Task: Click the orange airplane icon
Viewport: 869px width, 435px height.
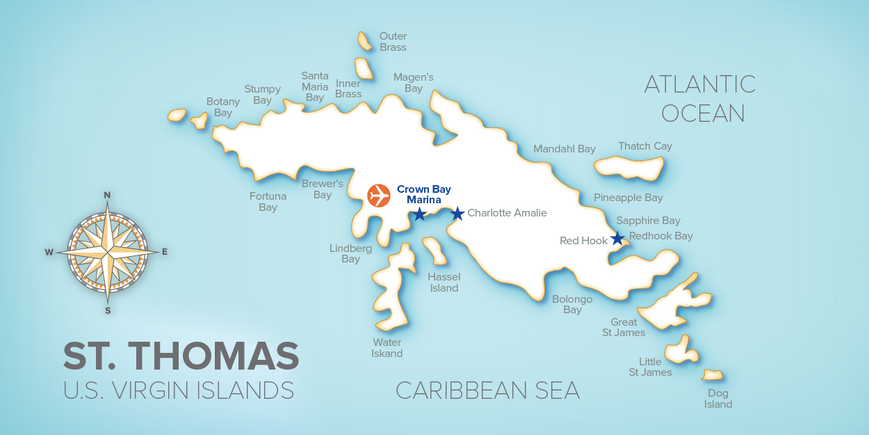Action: [x=379, y=195]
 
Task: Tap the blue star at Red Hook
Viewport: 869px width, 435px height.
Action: [x=617, y=239]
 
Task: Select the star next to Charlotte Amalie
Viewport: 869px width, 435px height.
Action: [x=457, y=214]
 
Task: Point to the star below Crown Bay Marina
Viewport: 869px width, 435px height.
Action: [x=419, y=214]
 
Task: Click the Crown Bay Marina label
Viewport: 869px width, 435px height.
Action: [x=424, y=194]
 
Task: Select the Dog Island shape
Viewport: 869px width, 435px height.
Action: [x=713, y=375]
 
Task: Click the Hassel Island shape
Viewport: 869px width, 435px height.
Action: [x=436, y=251]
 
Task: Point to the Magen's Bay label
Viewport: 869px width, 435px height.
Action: [x=413, y=83]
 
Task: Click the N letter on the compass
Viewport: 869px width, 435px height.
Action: [x=107, y=195]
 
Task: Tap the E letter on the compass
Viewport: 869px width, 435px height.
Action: [x=165, y=252]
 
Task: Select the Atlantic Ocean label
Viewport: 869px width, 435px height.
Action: [x=701, y=98]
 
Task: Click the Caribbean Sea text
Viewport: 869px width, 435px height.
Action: [x=487, y=390]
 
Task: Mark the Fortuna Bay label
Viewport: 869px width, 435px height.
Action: [x=268, y=202]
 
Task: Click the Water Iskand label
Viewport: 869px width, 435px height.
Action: [x=387, y=347]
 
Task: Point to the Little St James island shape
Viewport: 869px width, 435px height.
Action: [x=679, y=349]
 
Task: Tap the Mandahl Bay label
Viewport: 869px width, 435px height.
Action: [x=565, y=149]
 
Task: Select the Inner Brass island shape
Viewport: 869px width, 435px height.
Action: [x=364, y=68]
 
